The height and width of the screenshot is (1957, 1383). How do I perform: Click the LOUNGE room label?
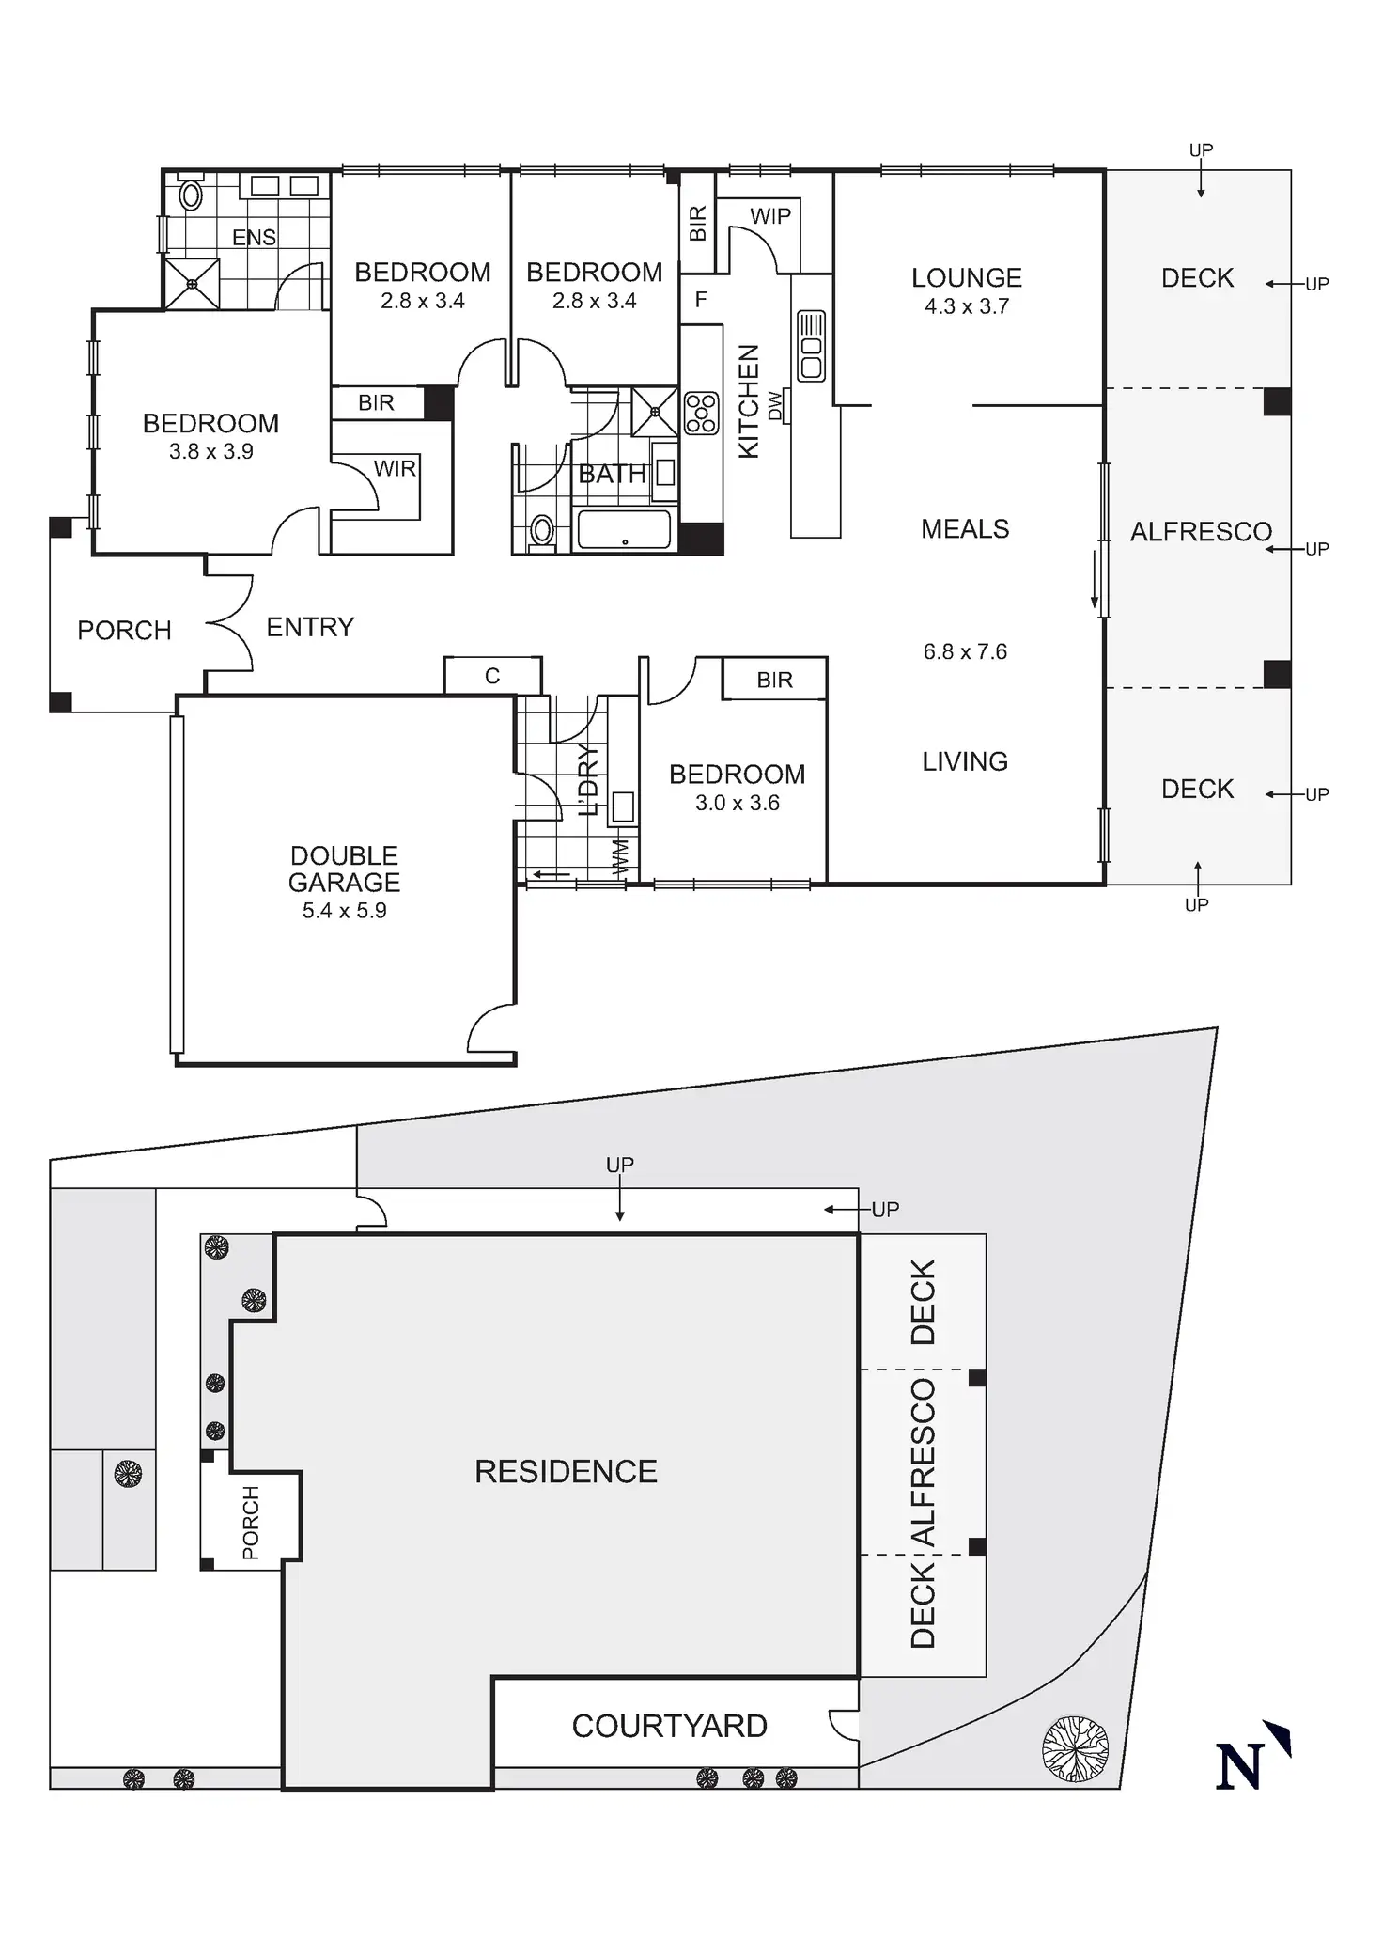966,278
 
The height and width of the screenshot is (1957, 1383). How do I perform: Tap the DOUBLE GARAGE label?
344,869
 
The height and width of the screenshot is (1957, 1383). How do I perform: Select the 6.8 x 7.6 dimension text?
965,652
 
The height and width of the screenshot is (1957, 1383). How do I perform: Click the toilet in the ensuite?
191,195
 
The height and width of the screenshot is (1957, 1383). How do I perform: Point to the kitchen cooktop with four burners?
701,413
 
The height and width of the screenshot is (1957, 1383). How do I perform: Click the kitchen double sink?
811,346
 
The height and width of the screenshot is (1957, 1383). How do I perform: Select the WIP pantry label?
769,217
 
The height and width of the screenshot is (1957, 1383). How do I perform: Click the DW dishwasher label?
775,405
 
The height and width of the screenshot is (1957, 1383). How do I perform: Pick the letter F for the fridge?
701,301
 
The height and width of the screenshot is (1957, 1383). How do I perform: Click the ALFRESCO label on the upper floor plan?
1200,532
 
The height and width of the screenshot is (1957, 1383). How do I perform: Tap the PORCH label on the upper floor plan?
124,631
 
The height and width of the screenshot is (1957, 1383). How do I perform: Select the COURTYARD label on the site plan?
669,1726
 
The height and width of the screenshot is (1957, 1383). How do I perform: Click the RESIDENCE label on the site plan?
566,1471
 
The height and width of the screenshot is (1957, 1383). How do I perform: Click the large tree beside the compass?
1075,1748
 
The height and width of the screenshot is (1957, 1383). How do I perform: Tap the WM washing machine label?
619,858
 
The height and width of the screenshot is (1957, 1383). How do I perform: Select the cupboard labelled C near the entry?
492,676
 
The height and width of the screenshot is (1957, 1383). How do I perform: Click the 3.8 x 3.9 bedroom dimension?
210,452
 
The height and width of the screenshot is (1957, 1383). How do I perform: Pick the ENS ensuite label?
254,238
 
